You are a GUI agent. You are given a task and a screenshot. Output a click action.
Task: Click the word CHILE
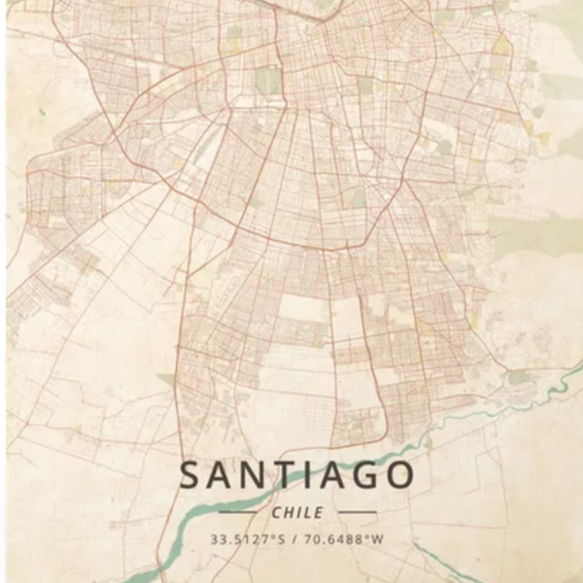click(297, 512)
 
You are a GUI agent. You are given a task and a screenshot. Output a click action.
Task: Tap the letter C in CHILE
click(277, 512)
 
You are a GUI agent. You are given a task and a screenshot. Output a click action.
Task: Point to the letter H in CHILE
click(289, 512)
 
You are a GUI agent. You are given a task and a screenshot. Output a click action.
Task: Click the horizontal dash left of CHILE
click(237, 512)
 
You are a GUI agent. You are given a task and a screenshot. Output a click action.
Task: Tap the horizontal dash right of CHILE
click(357, 512)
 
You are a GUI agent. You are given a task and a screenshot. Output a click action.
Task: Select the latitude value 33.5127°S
click(248, 537)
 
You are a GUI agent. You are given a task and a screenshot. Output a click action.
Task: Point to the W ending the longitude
click(379, 537)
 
